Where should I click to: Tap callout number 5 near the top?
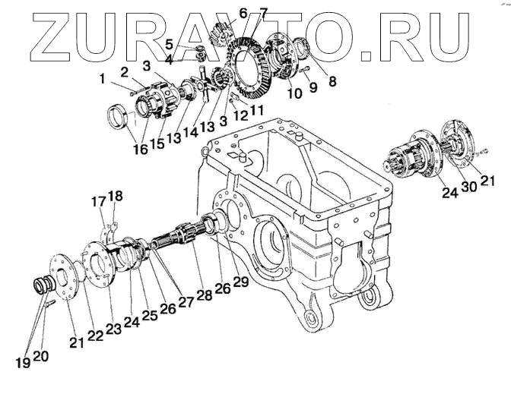point(169,43)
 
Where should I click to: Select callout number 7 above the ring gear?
point(263,13)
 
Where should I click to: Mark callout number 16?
point(140,149)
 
